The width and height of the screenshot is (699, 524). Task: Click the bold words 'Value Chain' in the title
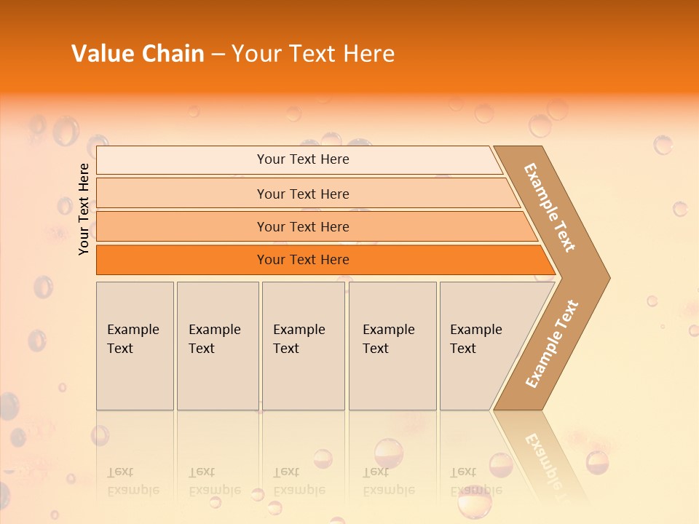click(x=138, y=54)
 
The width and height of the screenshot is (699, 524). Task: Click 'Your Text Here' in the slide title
click(x=313, y=54)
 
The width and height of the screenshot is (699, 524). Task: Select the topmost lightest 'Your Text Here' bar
click(x=303, y=159)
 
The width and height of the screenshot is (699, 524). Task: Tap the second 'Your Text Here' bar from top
click(x=303, y=194)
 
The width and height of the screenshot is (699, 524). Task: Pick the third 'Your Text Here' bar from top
click(x=303, y=227)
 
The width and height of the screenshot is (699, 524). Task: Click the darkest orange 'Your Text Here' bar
click(x=303, y=260)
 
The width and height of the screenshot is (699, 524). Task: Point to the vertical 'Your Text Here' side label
click(x=84, y=209)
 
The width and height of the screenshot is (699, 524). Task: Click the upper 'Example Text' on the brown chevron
click(x=550, y=207)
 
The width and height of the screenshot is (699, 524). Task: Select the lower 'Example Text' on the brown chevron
click(x=552, y=344)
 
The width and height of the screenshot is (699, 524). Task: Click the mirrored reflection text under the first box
click(x=133, y=481)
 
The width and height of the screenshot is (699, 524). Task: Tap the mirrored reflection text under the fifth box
click(x=476, y=481)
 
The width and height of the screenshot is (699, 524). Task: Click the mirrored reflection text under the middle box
click(x=299, y=481)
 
